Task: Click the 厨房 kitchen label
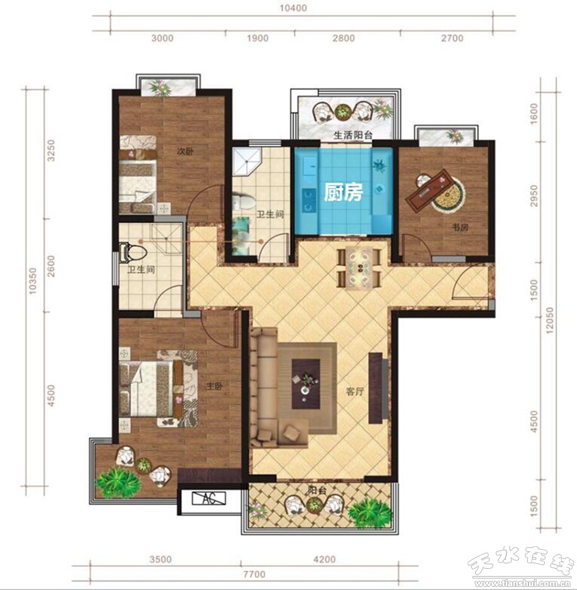point(343,192)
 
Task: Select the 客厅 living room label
point(355,392)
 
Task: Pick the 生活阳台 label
point(353,135)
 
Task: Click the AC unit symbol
point(208,498)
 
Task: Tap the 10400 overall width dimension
point(293,8)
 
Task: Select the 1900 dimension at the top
point(258,38)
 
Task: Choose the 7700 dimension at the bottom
point(255,574)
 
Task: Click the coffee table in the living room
point(306,384)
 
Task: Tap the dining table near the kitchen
point(360,268)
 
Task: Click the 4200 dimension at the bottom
point(324,560)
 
